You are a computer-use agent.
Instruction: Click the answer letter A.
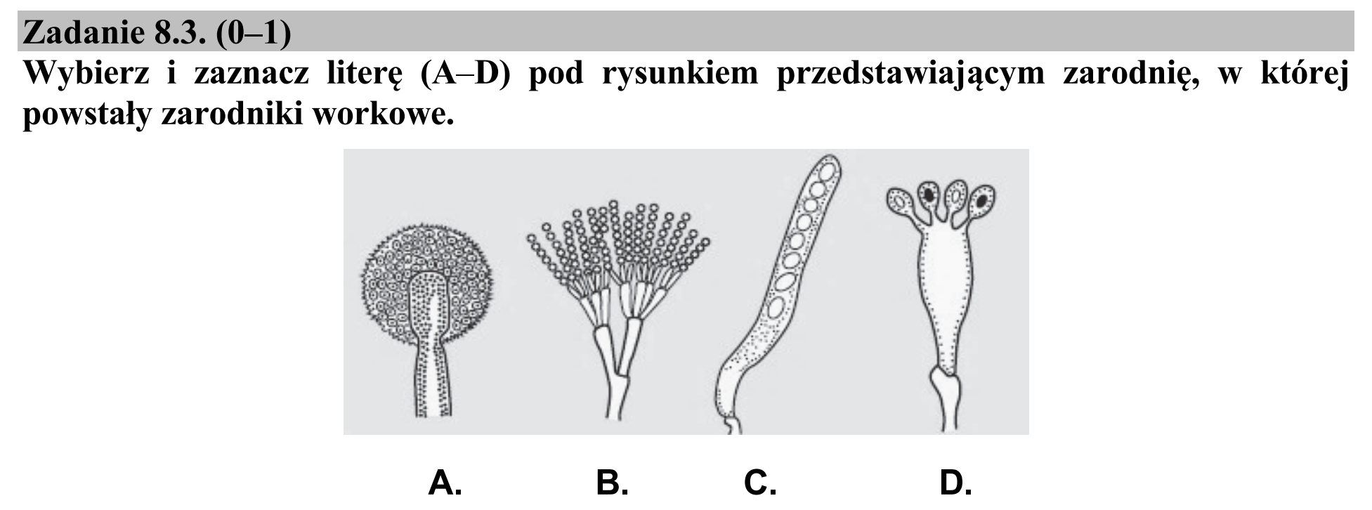point(445,483)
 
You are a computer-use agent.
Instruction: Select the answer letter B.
point(612,483)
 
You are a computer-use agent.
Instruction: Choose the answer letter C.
point(760,483)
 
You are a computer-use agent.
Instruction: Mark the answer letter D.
point(956,483)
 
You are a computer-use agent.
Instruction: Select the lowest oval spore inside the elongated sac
point(778,308)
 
